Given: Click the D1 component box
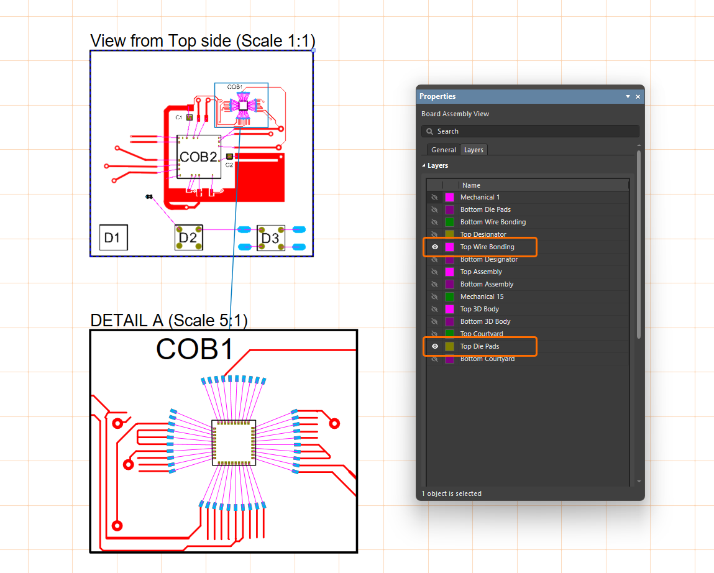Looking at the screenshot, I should coord(114,237).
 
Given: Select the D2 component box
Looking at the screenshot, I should coord(188,237).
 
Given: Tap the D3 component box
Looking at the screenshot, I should coord(270,239).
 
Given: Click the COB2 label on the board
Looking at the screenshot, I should coord(198,157).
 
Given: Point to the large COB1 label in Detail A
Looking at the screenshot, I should coord(195,349).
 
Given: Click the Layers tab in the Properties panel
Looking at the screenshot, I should coord(474,150).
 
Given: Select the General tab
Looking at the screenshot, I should coord(444,150).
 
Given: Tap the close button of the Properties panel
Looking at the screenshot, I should coord(638,97).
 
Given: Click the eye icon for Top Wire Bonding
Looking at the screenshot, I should coord(435,247).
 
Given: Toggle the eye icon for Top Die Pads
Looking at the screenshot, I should coord(435,346).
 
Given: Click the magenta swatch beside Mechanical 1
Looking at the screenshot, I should coord(449,197).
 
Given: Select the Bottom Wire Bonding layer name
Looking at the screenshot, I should coord(493,222).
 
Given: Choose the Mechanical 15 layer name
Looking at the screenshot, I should coord(482,296).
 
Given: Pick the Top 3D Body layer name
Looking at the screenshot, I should coord(480,309).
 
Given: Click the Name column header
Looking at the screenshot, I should coord(471,185).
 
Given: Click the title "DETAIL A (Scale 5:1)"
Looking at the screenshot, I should coord(169,321).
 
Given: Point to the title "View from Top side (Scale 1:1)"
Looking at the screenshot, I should coord(203,41).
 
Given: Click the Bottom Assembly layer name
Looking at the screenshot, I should coord(487,284).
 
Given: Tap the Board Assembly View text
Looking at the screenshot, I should coord(455,114).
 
